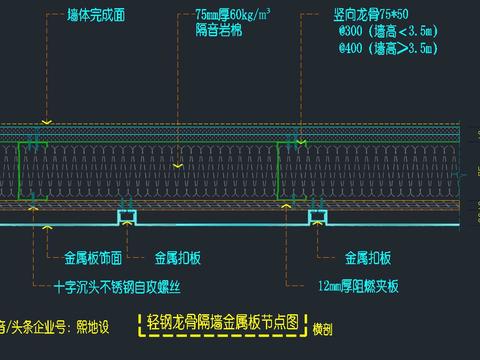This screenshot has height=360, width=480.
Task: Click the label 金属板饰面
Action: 92,256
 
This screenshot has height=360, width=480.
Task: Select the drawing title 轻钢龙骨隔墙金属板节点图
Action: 222,323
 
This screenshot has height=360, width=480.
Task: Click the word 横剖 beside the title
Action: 322,327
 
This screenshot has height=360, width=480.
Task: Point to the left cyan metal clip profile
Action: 128,216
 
